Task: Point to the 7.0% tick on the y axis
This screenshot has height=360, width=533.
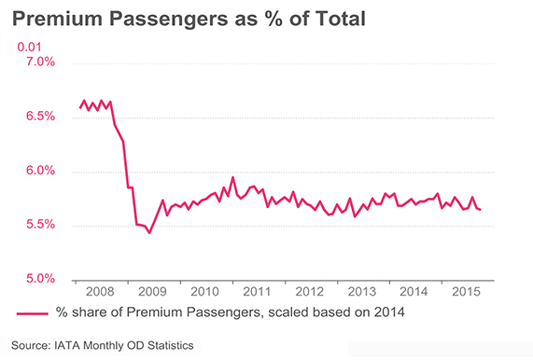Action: pyautogui.click(x=36, y=62)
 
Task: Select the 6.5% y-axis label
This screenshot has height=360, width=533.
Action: pyautogui.click(x=36, y=117)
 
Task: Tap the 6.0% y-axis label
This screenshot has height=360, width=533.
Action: pyautogui.click(x=36, y=172)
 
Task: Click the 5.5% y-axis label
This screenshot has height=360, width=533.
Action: pyautogui.click(x=36, y=226)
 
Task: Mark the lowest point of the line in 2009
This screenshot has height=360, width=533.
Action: pyautogui.click(x=149, y=232)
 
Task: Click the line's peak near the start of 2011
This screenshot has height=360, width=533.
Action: pyautogui.click(x=232, y=176)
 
